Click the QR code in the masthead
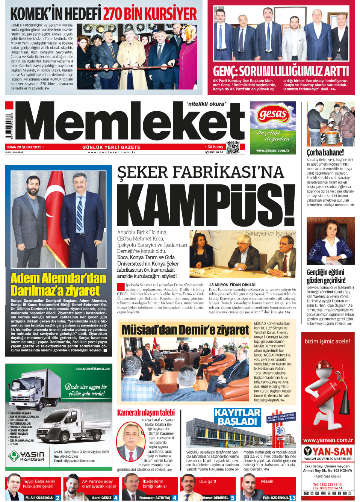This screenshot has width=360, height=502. tap(233, 147)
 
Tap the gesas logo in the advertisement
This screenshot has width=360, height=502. tap(273, 114)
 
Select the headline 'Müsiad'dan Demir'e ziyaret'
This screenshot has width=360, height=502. tap(185, 330)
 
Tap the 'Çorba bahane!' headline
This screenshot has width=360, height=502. tap(325, 152)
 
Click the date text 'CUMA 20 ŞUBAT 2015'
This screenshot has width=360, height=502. tap(24, 147)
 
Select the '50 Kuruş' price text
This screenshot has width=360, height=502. tap(215, 147)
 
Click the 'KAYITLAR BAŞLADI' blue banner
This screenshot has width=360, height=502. tap(237, 417)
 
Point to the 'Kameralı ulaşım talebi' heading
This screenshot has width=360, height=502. tap(146, 412)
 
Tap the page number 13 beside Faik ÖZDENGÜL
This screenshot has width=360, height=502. tap(292, 497)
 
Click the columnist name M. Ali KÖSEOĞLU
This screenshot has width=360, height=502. tap(39, 497)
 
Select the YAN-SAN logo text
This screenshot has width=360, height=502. tap(328, 451)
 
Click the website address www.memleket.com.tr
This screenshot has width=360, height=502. tap(112, 152)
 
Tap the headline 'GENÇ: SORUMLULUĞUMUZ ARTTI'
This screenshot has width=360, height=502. tap(281, 71)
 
